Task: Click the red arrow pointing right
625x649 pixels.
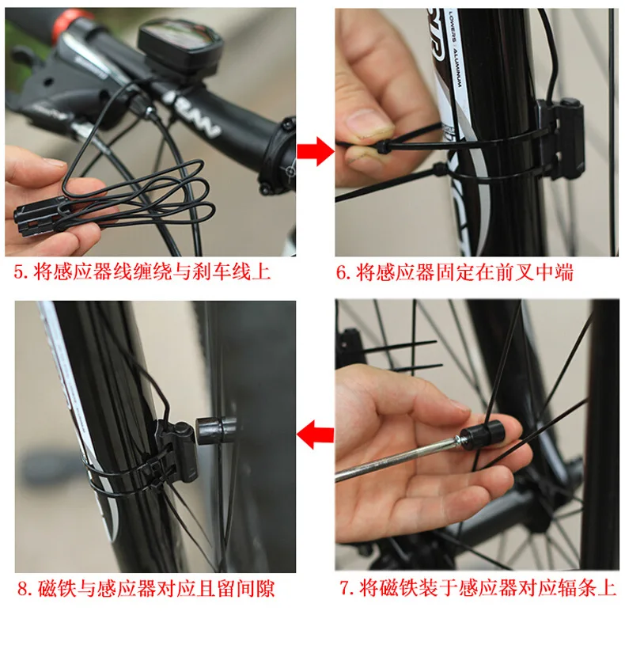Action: [x=316, y=151]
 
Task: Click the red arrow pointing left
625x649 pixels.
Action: [x=316, y=435]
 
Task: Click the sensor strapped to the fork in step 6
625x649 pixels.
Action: [x=560, y=138]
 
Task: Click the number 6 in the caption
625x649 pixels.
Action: [x=341, y=273]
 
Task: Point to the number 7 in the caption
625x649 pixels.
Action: [x=344, y=588]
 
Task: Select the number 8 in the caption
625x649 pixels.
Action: [x=23, y=589]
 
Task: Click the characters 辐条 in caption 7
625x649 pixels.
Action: [x=578, y=588]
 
